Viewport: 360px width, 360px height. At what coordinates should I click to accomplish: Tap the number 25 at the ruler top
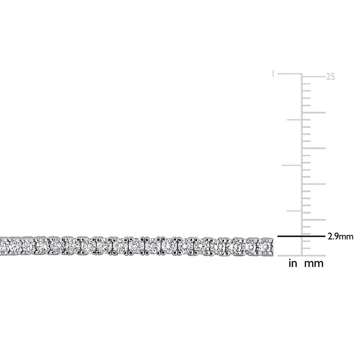(330, 77)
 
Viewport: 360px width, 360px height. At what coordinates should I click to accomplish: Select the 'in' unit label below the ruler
(292, 264)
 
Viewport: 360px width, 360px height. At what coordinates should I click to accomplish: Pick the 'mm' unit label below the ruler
(314, 264)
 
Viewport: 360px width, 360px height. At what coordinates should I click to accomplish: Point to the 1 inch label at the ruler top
(273, 73)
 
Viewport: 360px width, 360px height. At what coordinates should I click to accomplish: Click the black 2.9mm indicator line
(300, 236)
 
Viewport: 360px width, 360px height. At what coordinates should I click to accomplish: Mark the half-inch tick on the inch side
(291, 165)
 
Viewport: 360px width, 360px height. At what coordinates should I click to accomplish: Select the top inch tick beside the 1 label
(290, 74)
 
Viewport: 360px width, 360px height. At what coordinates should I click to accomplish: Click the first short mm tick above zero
(306, 248)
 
